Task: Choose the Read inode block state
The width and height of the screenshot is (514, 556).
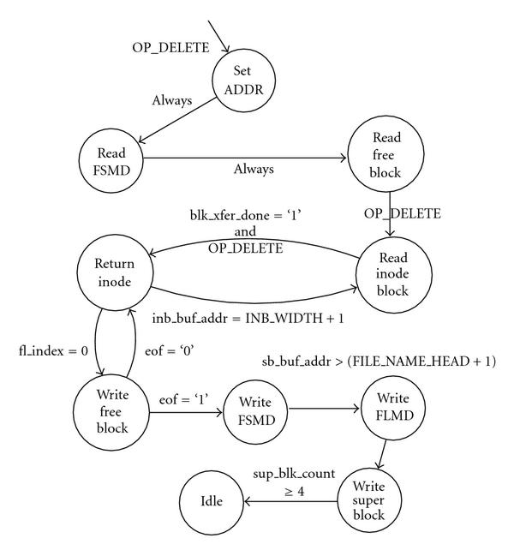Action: tap(386, 272)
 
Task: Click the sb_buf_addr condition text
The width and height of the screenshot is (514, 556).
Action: tap(379, 361)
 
